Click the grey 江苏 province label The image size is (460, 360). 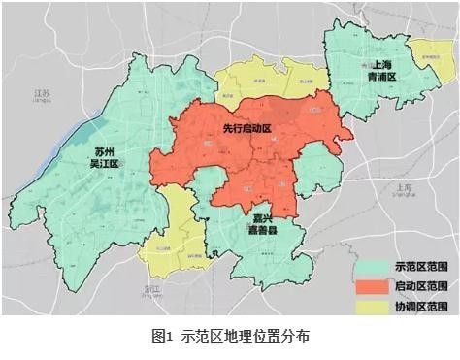[41, 93]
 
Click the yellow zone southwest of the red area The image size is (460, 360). [173, 233]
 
